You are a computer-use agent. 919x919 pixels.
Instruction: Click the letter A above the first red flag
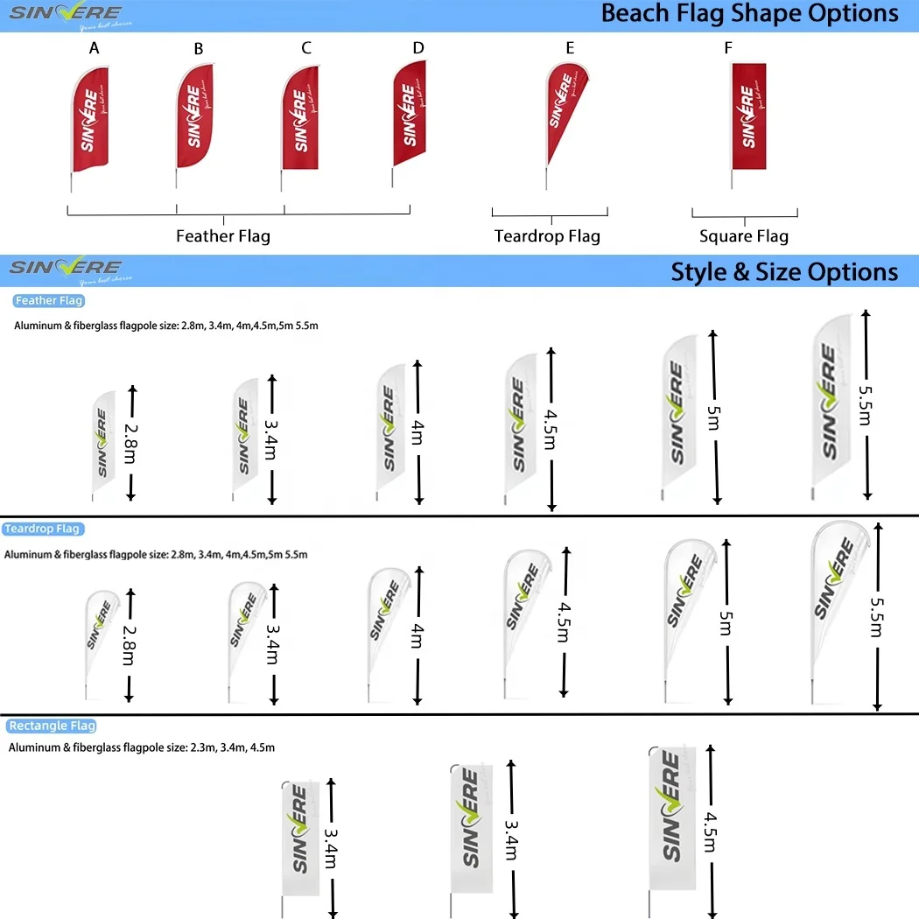(95, 48)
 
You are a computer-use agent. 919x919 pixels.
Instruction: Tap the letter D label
(417, 47)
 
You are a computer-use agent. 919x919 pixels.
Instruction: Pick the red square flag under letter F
(748, 116)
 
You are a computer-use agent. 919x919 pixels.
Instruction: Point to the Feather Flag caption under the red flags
(223, 235)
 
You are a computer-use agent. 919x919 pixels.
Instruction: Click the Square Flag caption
(744, 236)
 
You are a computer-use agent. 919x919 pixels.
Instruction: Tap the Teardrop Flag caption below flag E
(547, 236)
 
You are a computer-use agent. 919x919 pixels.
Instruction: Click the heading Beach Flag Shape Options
(749, 14)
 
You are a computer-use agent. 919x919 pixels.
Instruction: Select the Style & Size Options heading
(784, 271)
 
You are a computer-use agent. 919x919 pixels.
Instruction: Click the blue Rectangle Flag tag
(51, 726)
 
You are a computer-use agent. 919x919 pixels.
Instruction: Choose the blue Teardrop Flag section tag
(43, 529)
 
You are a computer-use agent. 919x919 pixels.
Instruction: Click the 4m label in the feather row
(417, 433)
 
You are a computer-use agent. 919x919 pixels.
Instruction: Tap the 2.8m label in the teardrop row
(130, 645)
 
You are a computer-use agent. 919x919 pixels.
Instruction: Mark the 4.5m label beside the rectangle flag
(711, 829)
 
